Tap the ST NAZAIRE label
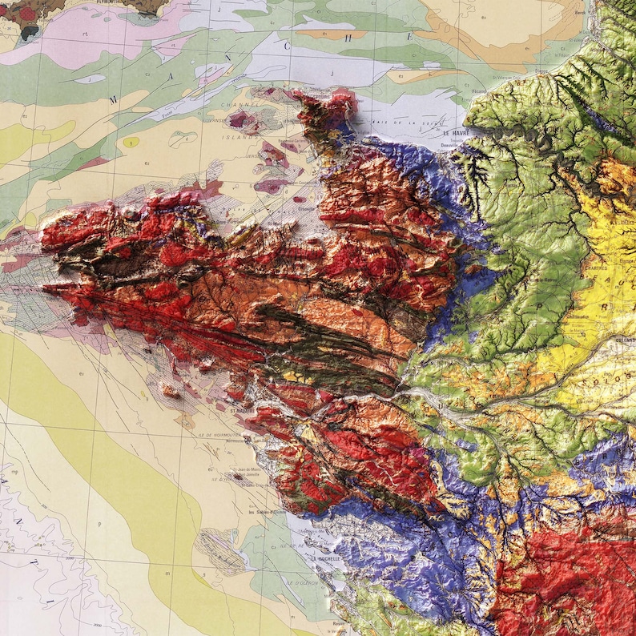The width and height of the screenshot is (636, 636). pyautogui.click(x=242, y=411)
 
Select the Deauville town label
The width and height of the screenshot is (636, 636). pyautogui.click(x=448, y=144)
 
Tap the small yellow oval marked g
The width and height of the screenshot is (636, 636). pyautogui.click(x=131, y=143)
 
